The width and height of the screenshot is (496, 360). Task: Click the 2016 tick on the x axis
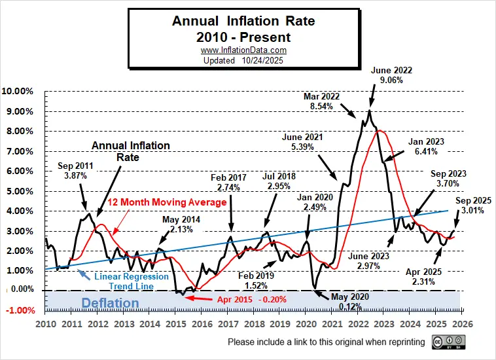[x=201, y=324]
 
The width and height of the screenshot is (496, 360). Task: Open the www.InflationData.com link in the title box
[x=243, y=50]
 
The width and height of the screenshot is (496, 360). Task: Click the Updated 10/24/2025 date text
[x=243, y=60]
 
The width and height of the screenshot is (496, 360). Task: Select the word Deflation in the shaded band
[x=111, y=303]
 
